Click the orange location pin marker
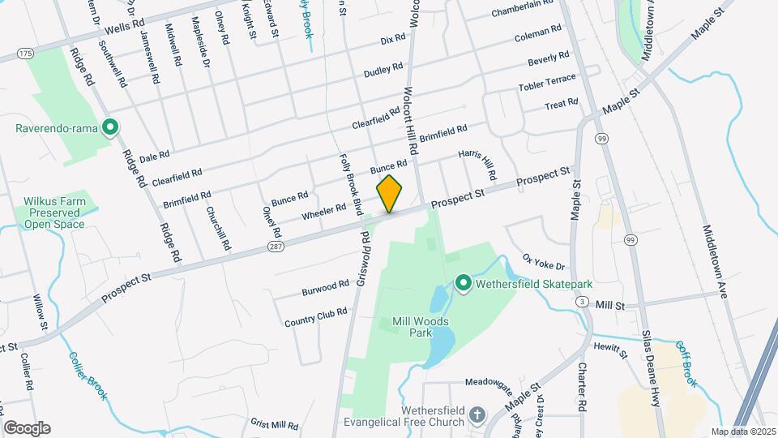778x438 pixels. point(389,194)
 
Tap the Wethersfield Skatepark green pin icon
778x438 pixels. point(463,284)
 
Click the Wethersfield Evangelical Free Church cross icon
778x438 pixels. point(477,415)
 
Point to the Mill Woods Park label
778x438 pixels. point(421,326)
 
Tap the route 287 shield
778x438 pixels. point(277,246)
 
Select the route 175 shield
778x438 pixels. point(26,53)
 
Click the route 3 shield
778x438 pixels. point(582,302)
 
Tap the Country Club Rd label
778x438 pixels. point(315,317)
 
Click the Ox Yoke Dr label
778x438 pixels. point(543,261)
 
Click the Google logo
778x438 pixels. point(27,427)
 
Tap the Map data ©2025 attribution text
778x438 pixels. point(743,432)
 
